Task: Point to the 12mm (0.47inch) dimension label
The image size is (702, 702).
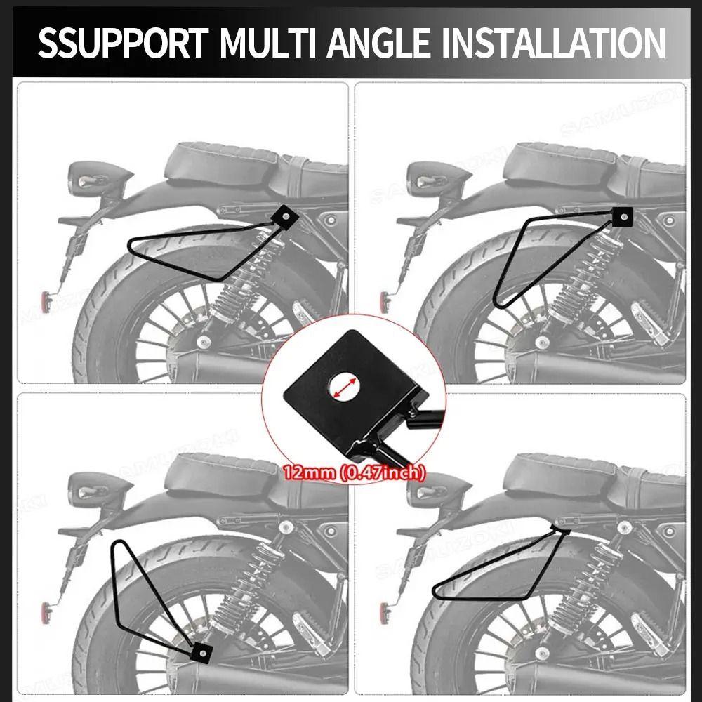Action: click(x=354, y=473)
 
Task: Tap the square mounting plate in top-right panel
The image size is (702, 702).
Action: click(x=621, y=217)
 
